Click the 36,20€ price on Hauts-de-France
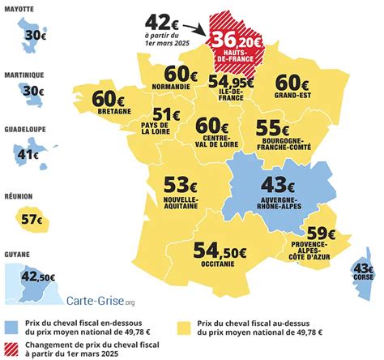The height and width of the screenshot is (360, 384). (x=234, y=39)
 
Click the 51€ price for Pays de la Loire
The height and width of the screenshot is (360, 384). (x=166, y=116)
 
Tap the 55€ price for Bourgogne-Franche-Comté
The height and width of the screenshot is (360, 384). (x=273, y=127)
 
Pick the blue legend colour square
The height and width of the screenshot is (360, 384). (x=11, y=326)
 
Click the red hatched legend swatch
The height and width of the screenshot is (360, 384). (x=11, y=350)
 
